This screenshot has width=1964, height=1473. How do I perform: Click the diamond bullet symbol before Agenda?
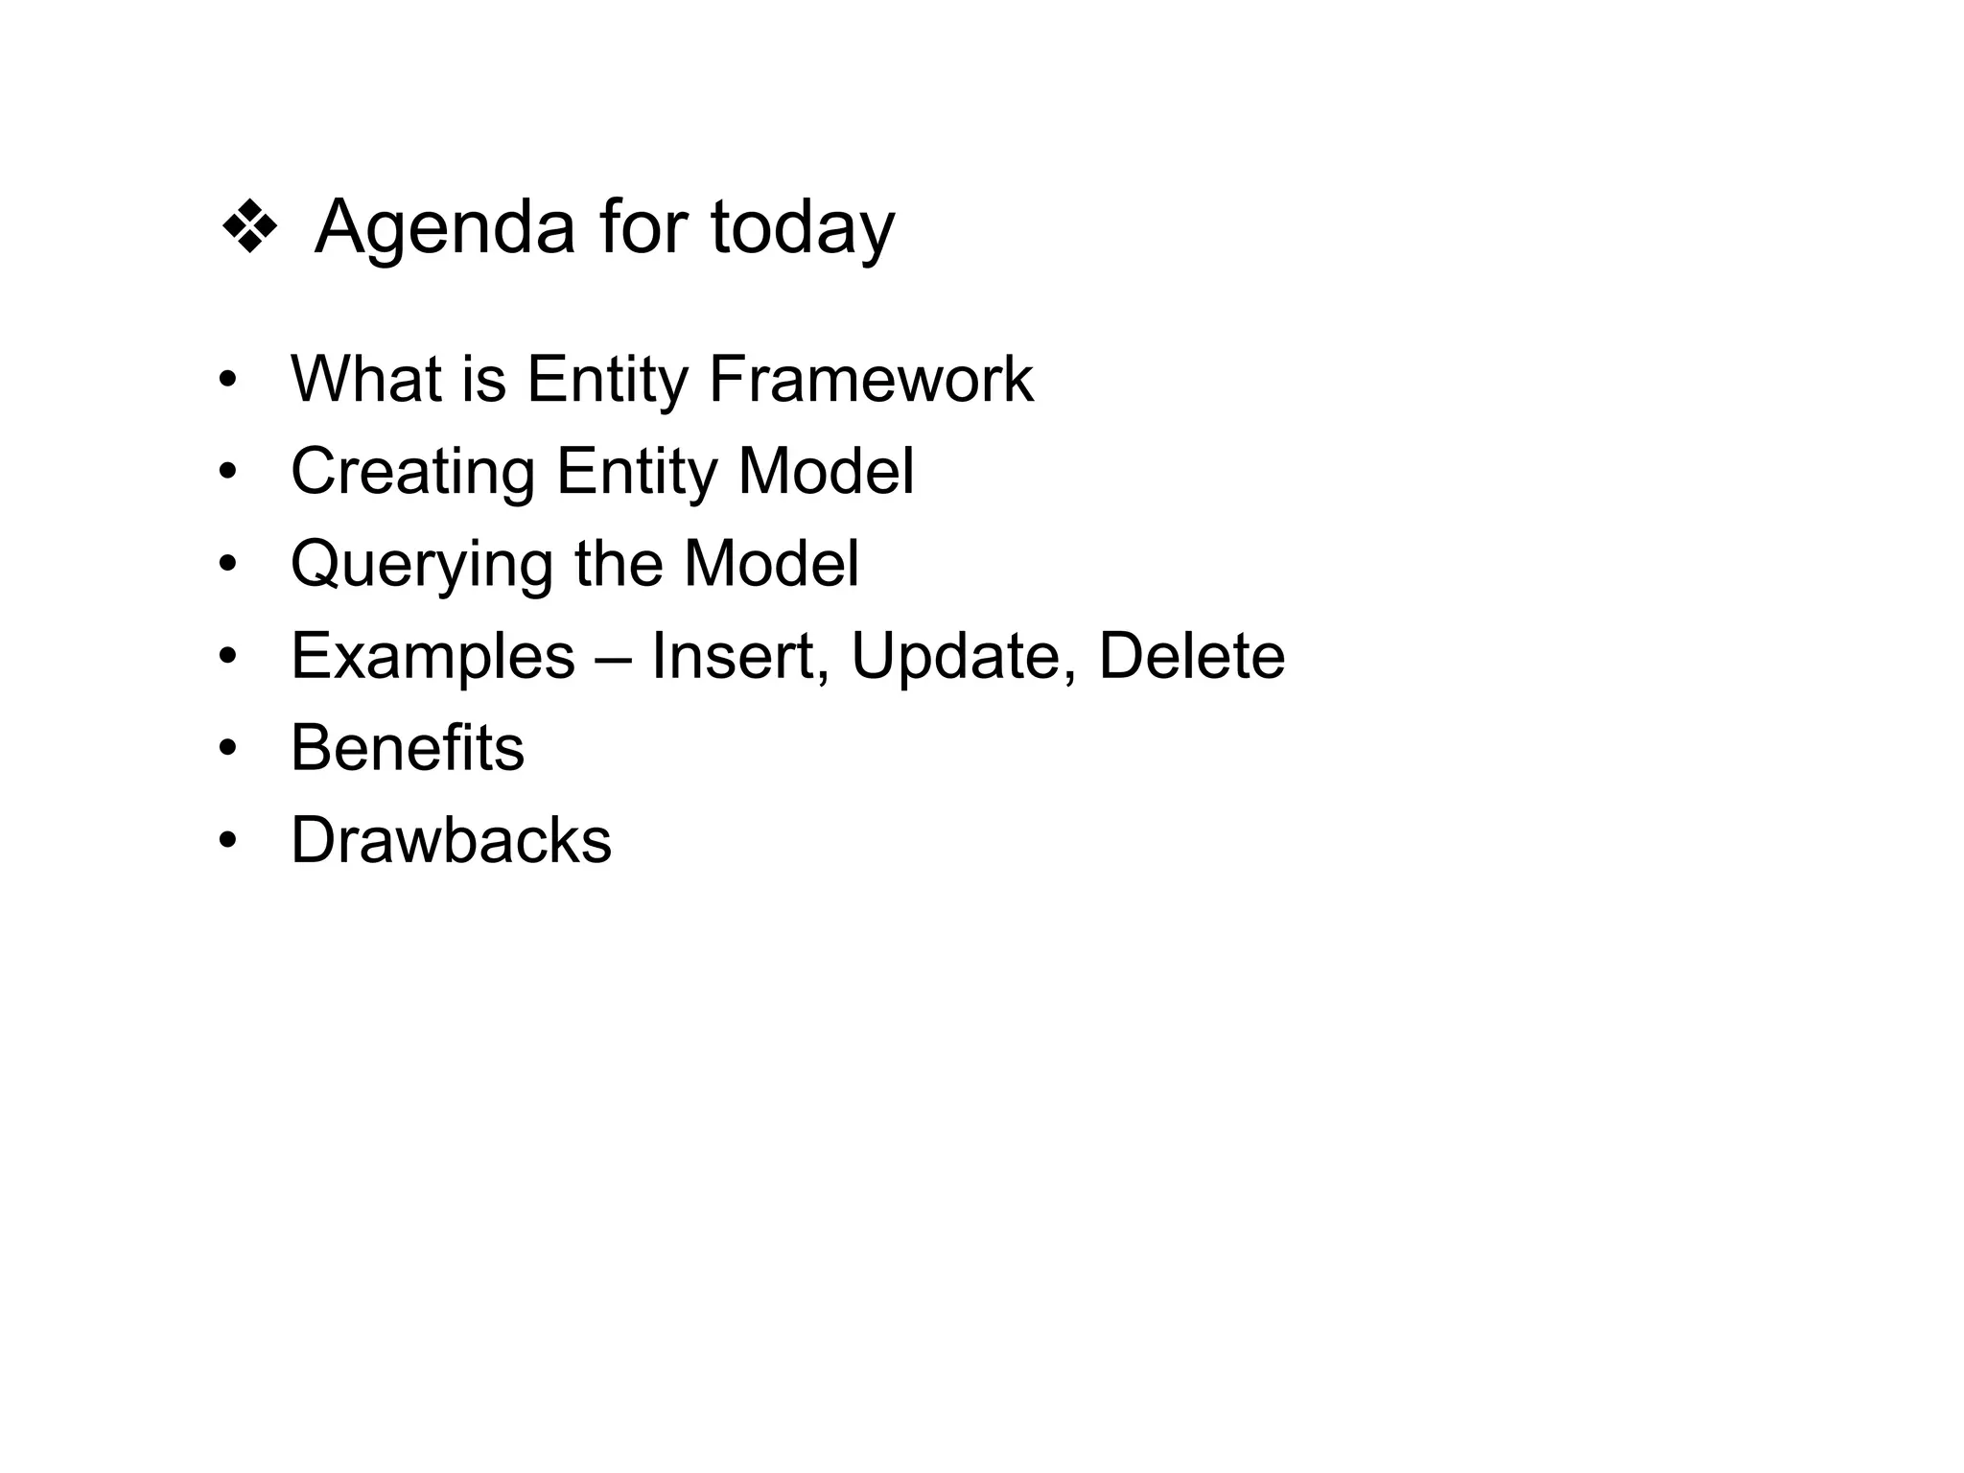tap(249, 227)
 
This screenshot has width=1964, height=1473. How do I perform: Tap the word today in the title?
tap(802, 230)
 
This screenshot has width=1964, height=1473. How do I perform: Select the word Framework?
tap(871, 379)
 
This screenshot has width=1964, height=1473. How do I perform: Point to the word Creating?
tap(412, 473)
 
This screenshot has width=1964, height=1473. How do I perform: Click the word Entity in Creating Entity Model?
tap(637, 473)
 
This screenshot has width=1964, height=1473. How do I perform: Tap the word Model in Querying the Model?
tap(771, 564)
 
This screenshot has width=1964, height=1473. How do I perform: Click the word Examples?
tap(433, 658)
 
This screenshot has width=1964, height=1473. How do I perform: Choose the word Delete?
tap(1191, 657)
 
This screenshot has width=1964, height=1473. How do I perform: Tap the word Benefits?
tap(408, 748)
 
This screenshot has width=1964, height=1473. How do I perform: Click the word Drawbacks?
tap(451, 841)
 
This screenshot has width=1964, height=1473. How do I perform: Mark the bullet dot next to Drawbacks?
tap(227, 841)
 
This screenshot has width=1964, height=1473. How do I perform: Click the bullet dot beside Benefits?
tap(227, 748)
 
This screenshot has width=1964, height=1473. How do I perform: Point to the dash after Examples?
tap(613, 658)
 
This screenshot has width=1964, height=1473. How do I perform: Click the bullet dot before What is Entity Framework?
tap(227, 380)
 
